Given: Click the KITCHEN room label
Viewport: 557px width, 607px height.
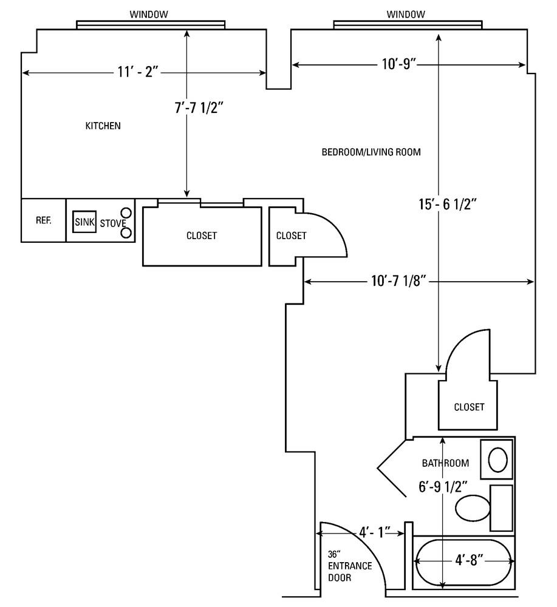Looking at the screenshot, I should (x=103, y=126).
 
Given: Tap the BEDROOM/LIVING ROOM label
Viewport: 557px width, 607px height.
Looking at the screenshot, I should (x=371, y=152).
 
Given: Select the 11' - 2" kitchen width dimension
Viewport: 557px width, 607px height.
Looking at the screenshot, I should (x=138, y=72).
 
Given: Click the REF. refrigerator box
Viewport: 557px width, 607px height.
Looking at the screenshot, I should (x=43, y=220).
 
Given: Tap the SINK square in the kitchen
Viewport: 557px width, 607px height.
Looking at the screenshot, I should (x=84, y=222).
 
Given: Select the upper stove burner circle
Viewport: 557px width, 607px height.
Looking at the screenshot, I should (x=126, y=212).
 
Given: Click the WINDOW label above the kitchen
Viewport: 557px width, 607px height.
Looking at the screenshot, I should (x=149, y=14).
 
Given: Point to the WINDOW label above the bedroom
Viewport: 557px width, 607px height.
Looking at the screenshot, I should (x=406, y=14).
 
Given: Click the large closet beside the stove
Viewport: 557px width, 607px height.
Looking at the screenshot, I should (x=202, y=236).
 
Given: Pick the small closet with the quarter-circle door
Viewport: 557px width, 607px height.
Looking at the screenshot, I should (x=290, y=236).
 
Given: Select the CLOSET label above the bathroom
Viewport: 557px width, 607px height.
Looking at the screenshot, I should (x=469, y=407).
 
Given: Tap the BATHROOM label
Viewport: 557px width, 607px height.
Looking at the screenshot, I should (x=445, y=463).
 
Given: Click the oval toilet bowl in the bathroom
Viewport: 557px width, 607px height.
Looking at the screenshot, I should (x=473, y=507).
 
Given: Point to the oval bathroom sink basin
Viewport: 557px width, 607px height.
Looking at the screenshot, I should (x=498, y=459).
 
